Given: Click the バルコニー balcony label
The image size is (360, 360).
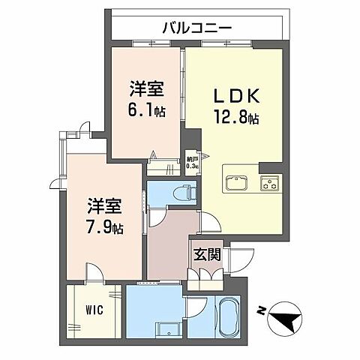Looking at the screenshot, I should [x=196, y=28].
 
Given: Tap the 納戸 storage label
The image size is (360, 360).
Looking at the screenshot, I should [x=193, y=159].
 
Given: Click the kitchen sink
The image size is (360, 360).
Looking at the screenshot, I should [x=237, y=183].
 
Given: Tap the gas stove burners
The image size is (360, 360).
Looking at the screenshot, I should [x=268, y=183].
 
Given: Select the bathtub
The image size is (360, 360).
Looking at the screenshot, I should [x=226, y=319].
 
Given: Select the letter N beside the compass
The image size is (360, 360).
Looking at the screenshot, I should [x=259, y=309].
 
